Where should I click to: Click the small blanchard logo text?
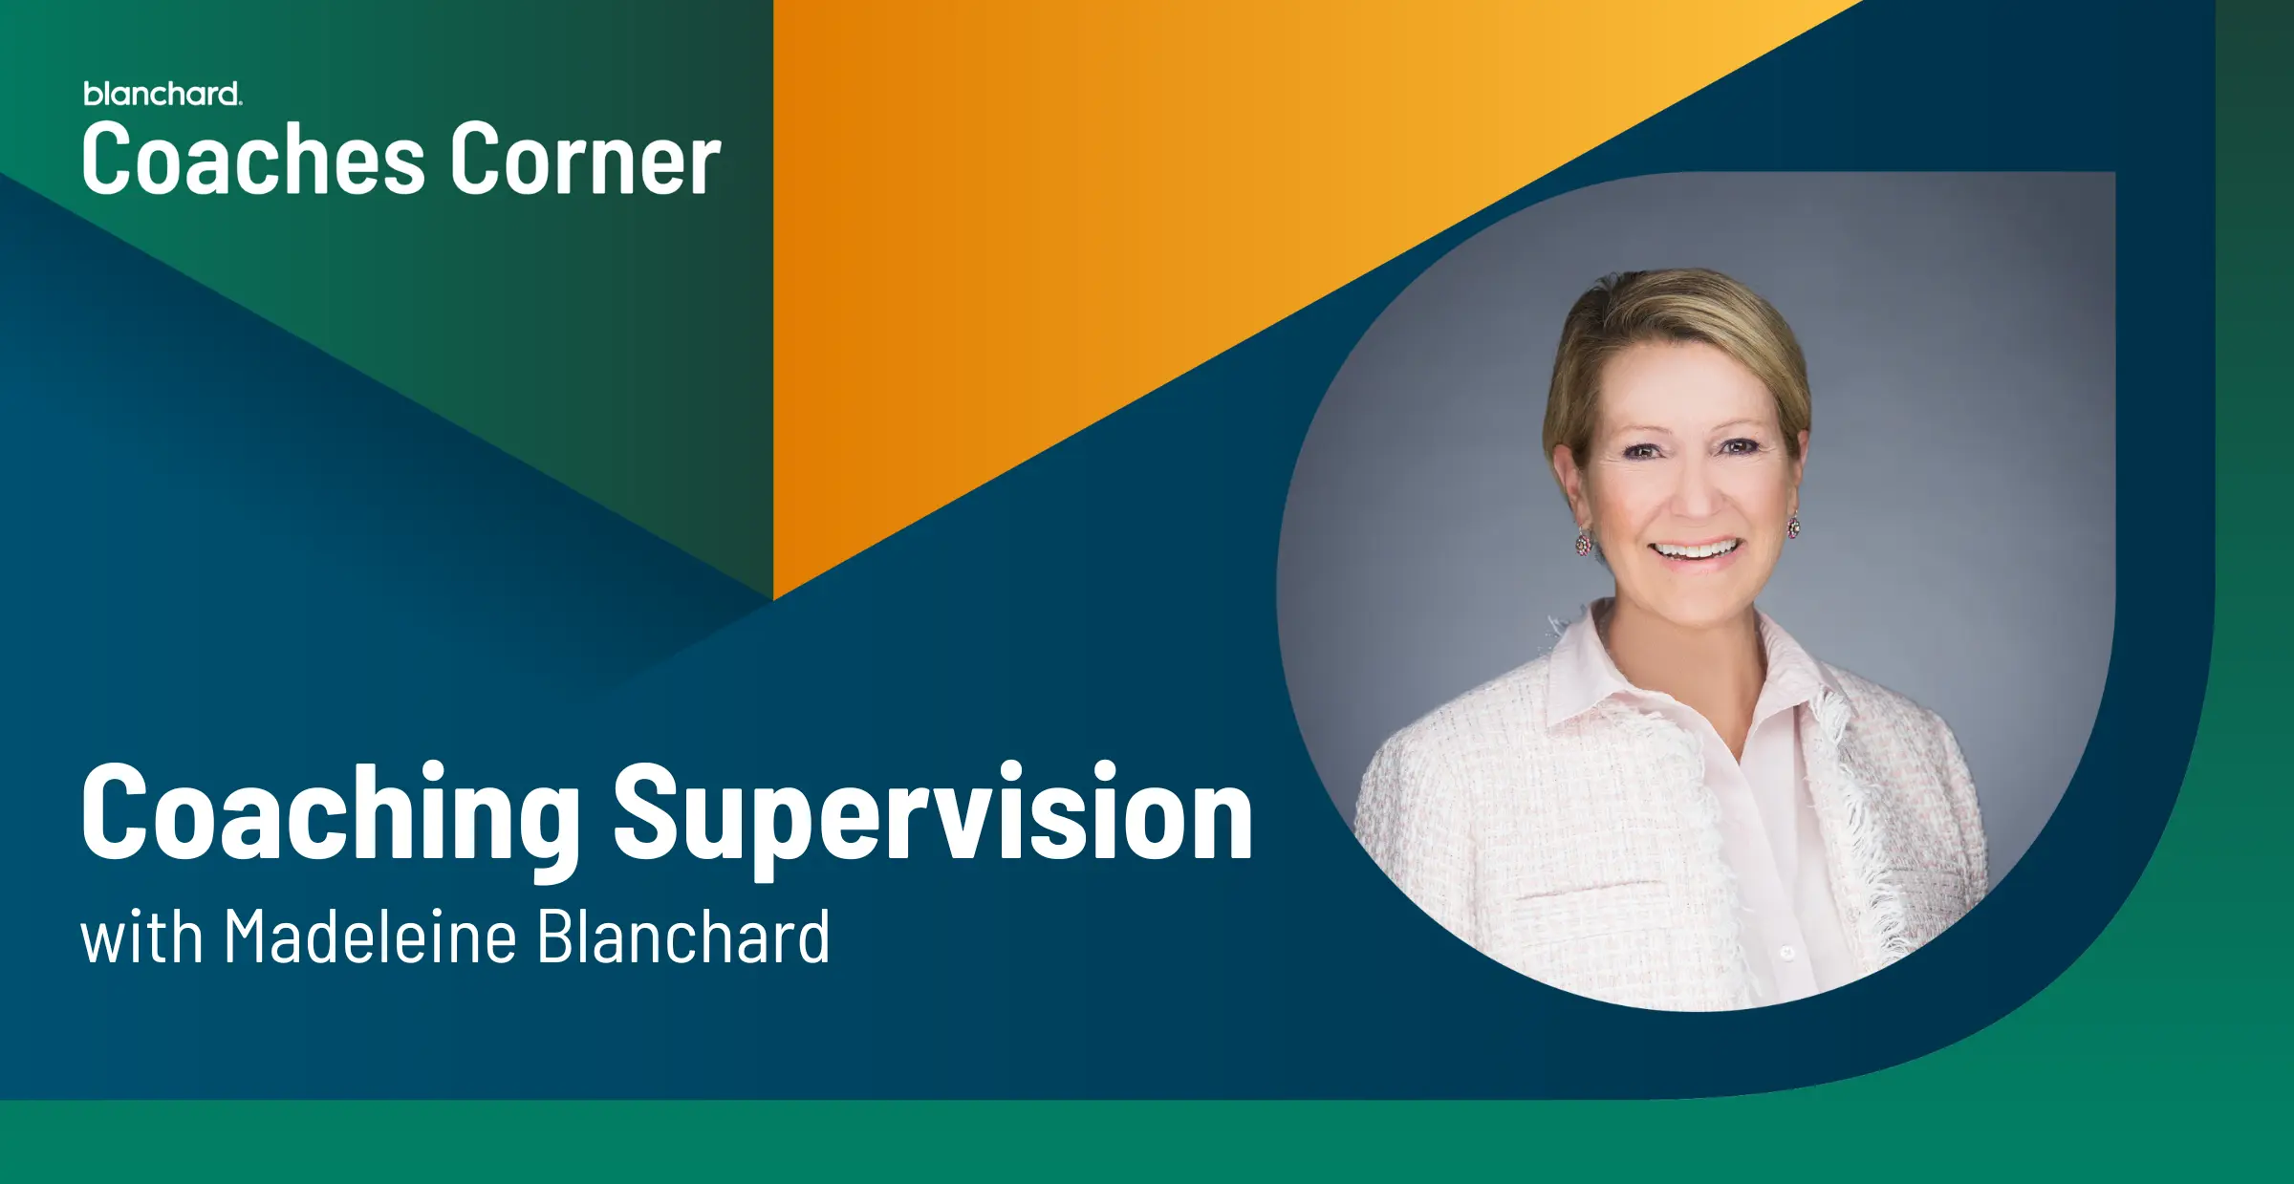click(162, 94)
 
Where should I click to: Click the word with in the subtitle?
click(141, 936)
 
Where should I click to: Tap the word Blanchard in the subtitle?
click(683, 936)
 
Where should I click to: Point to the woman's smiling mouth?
click(1698, 551)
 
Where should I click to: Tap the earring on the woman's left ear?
click(1794, 525)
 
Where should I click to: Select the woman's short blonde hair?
click(1677, 344)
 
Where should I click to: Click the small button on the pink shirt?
click(1787, 953)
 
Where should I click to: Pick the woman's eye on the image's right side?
click(1738, 446)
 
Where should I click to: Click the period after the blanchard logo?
click(241, 102)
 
